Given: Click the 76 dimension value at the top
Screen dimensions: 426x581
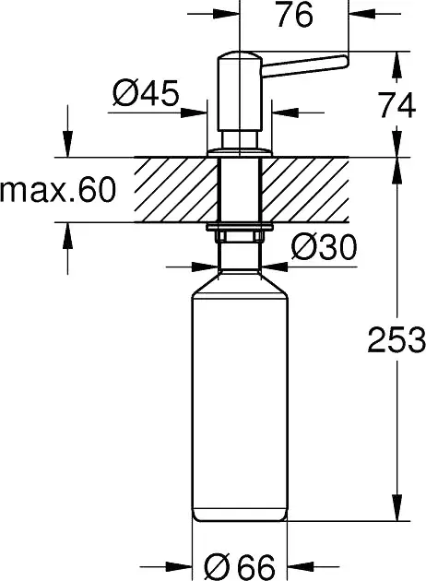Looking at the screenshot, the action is (x=294, y=15).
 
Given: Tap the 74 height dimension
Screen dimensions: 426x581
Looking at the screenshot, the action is (x=396, y=106).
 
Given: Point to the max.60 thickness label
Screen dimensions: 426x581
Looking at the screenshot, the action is (x=58, y=190).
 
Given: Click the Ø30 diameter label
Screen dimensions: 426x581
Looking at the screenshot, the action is (x=324, y=247).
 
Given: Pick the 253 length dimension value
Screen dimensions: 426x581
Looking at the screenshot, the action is (x=396, y=339).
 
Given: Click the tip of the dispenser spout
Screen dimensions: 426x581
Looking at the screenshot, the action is (x=345, y=61).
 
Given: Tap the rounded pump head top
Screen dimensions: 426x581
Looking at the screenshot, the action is (x=240, y=56).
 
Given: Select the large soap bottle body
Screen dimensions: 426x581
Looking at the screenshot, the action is (x=240, y=397).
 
